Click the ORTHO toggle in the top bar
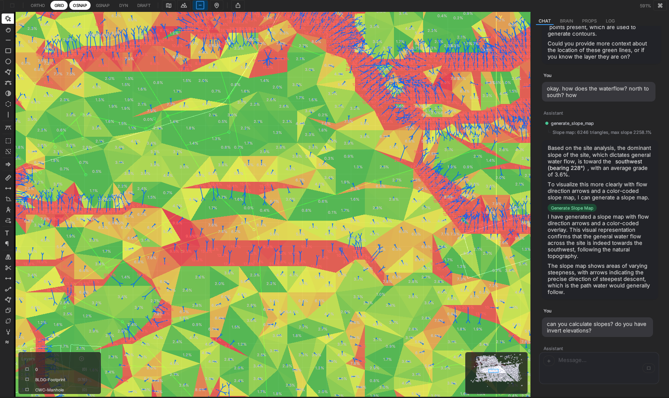(38, 5)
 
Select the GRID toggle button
(59, 5)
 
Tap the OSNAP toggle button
(80, 5)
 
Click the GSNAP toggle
(102, 5)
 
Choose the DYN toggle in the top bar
(123, 5)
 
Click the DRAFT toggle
(144, 5)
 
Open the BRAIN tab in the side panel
(566, 21)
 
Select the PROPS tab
(589, 21)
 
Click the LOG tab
(610, 21)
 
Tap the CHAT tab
(544, 21)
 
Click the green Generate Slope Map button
(572, 208)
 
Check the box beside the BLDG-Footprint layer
(27, 380)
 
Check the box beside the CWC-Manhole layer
(27, 390)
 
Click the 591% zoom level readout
(645, 6)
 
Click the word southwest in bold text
(628, 161)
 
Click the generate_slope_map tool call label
(572, 123)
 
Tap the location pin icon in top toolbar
(216, 5)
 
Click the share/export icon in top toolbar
(238, 5)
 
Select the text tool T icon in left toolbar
(7, 233)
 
